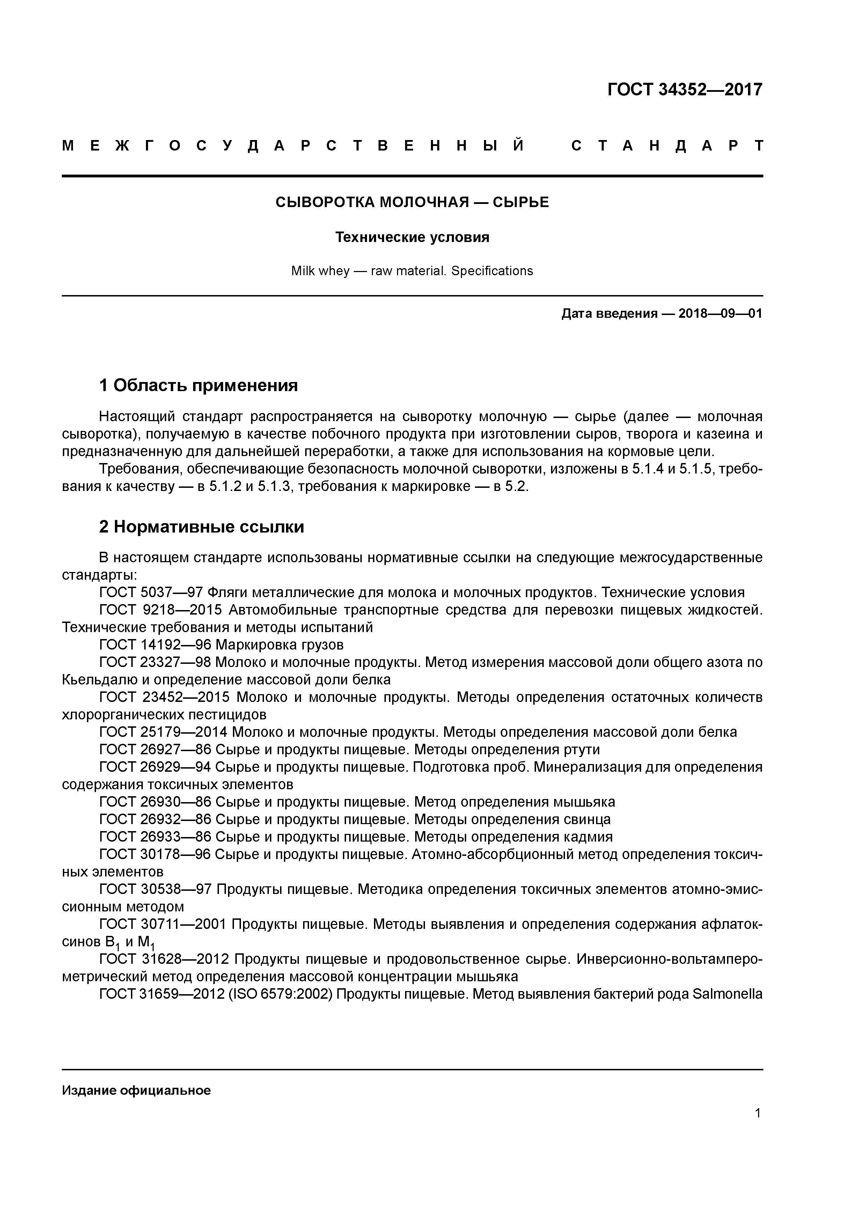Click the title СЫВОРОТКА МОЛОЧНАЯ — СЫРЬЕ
click(x=412, y=202)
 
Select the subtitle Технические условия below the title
click(x=412, y=237)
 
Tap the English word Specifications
click(x=492, y=271)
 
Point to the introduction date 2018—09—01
click(x=720, y=314)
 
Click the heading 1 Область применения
click(x=198, y=385)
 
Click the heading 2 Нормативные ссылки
click(x=202, y=527)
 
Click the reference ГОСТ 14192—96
click(x=155, y=645)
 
